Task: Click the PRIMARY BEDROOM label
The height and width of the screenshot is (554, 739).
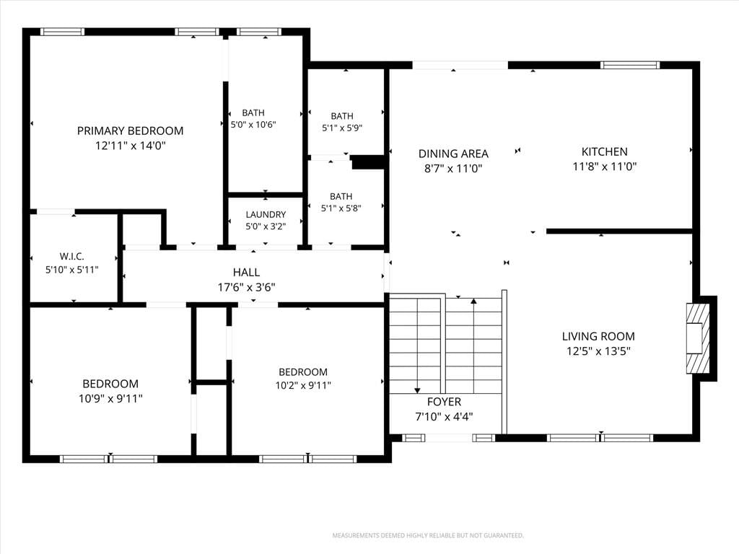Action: [x=130, y=131]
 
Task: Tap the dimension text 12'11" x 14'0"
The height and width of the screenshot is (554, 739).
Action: [x=131, y=146]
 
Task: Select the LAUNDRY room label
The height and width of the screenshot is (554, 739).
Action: [x=266, y=214]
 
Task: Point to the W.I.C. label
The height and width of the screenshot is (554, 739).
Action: [x=71, y=256]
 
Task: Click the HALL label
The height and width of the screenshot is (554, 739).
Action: [x=246, y=272]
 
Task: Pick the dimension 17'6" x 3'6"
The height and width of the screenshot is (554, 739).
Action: [x=247, y=287]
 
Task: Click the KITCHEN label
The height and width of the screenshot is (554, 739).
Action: [x=605, y=151]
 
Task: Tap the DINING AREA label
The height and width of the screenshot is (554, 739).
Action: [x=453, y=154]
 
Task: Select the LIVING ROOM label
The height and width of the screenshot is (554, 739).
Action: [x=598, y=336]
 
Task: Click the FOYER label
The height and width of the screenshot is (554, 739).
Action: [x=444, y=402]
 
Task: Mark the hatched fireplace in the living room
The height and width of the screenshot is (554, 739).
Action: [x=698, y=338]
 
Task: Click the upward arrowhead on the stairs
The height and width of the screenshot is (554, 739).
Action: [x=473, y=301]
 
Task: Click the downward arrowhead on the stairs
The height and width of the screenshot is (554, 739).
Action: [x=417, y=390]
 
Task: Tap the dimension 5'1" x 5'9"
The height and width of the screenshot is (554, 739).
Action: [x=342, y=128]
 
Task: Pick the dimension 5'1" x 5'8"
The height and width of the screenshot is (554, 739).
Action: [x=341, y=208]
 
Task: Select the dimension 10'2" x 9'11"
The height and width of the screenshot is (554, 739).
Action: [x=303, y=385]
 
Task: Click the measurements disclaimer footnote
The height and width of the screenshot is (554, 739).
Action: [x=428, y=536]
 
